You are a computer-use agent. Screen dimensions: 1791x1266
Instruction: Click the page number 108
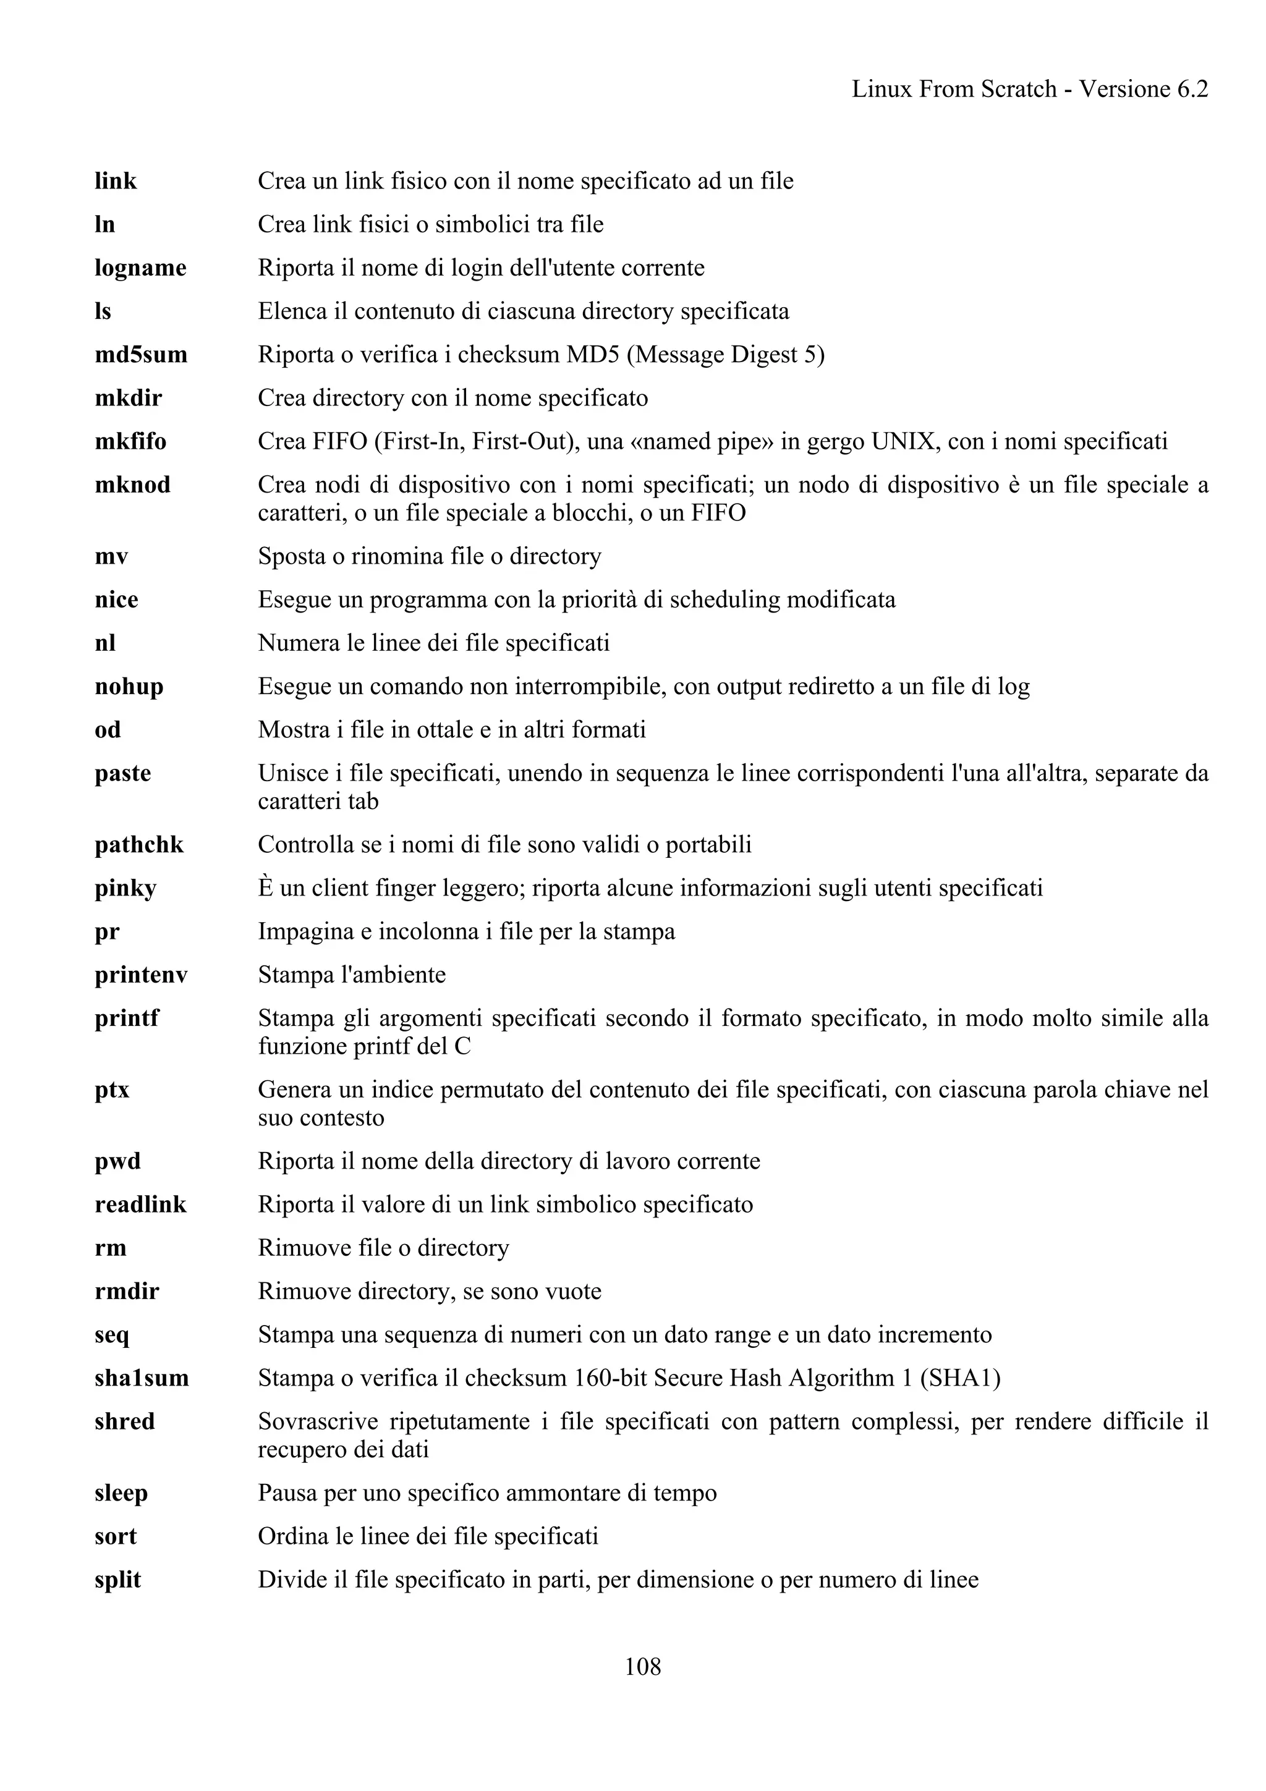(x=643, y=1667)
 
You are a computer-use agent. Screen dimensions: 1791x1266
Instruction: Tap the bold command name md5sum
(x=141, y=355)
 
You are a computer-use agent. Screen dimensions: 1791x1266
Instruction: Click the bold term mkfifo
(x=130, y=441)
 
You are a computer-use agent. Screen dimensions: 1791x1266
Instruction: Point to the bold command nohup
(x=129, y=687)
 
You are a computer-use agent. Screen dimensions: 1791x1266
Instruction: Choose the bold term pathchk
(x=139, y=845)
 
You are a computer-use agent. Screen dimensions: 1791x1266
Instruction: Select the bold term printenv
(x=141, y=975)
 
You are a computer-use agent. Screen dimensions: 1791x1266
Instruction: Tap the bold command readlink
(x=140, y=1205)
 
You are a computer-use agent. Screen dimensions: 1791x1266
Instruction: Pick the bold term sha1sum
(x=142, y=1378)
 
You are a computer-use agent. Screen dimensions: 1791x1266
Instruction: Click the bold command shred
(x=125, y=1421)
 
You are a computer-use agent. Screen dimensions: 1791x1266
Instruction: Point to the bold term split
(x=118, y=1580)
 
